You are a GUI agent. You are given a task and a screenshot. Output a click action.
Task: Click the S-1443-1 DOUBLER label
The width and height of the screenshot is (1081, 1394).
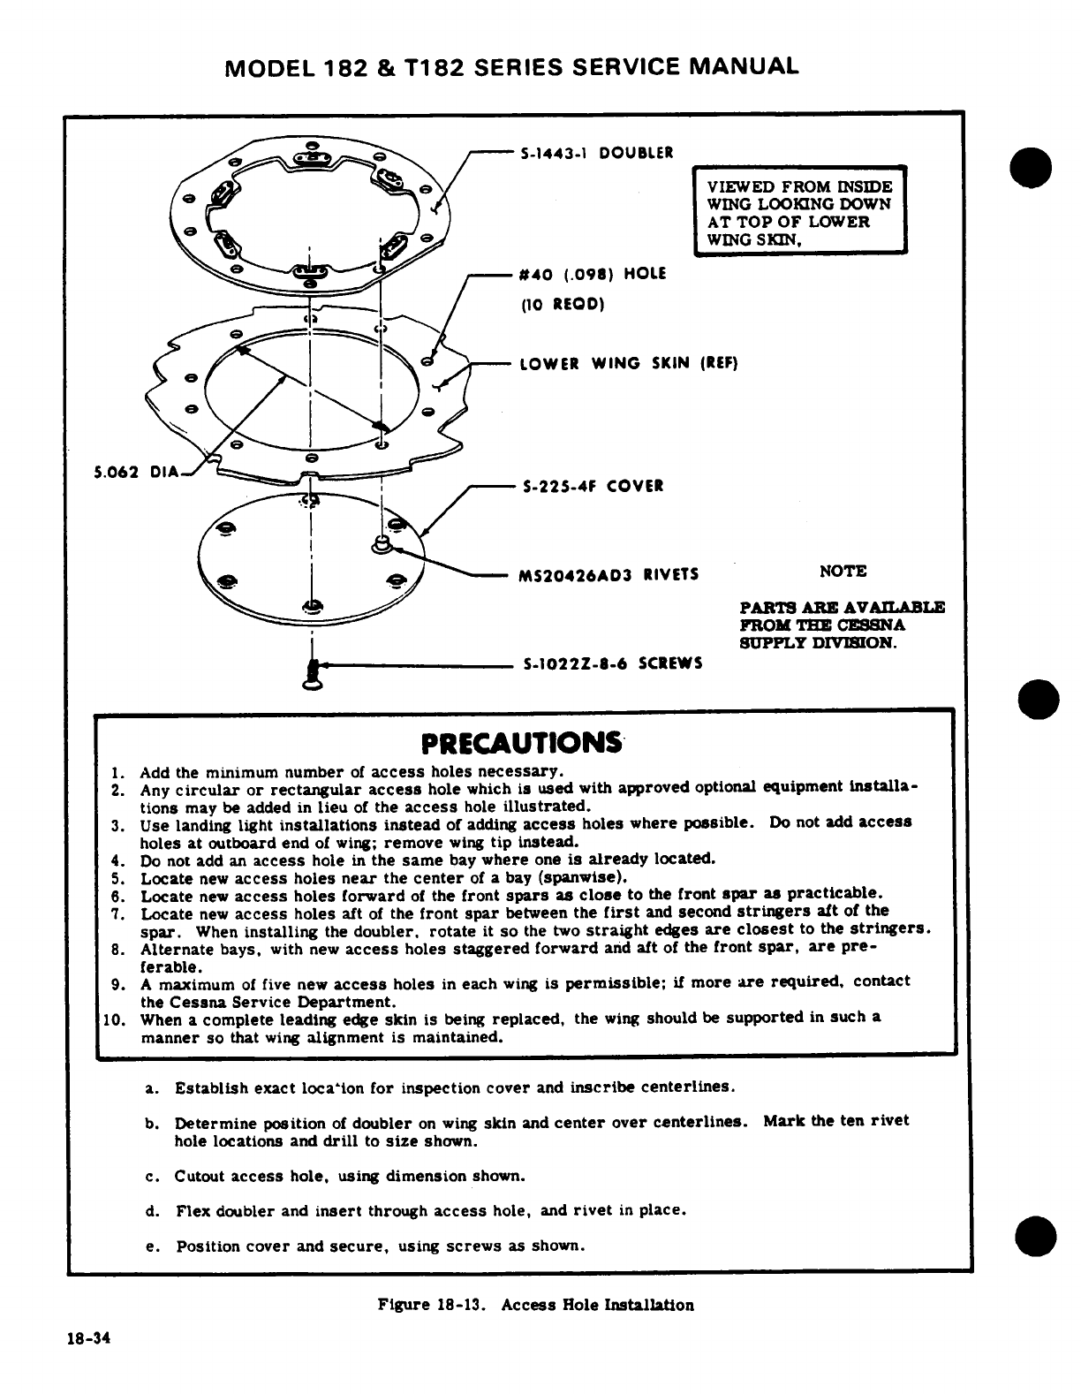click(596, 152)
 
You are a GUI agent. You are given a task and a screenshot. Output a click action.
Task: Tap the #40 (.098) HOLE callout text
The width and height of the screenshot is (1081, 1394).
click(592, 274)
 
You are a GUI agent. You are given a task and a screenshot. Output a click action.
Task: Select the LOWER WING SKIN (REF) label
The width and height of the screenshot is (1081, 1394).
click(627, 363)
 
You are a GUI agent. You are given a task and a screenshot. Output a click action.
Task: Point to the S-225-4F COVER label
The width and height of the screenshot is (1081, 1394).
click(591, 487)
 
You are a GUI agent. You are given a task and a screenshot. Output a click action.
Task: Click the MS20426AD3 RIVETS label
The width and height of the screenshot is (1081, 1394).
click(609, 575)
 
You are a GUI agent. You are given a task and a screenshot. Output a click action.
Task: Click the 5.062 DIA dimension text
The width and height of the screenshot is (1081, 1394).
click(137, 471)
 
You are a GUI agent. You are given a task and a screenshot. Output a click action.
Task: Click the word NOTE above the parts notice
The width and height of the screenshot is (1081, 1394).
click(843, 572)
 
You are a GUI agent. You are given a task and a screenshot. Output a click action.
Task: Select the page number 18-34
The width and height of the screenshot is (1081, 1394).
click(87, 1337)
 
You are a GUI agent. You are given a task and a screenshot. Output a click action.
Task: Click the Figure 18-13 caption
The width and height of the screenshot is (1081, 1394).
click(535, 1304)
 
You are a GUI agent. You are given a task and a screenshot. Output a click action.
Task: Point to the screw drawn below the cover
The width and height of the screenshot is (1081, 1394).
click(311, 675)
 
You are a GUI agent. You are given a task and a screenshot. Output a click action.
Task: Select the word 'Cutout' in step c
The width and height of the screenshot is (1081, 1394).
click(200, 1176)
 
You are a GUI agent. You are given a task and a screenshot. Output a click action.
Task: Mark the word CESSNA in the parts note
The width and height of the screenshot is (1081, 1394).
click(874, 625)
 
